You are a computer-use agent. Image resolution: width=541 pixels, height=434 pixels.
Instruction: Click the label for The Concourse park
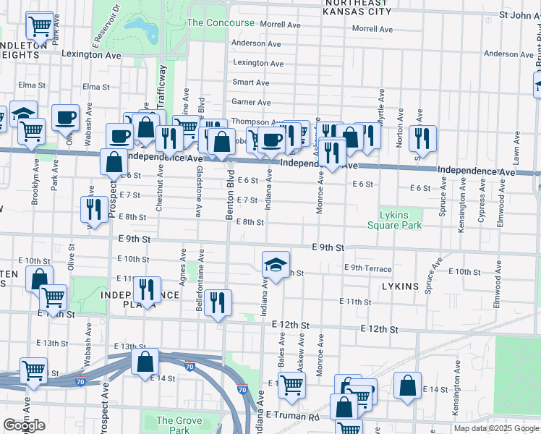[x=221, y=22]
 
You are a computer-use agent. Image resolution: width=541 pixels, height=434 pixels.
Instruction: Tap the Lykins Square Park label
[x=393, y=220]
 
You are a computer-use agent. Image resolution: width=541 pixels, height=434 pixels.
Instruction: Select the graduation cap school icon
[x=276, y=265]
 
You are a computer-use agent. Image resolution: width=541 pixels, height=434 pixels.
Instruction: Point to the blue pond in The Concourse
[x=142, y=29]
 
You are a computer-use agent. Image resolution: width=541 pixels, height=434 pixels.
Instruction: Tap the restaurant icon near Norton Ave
[x=421, y=139]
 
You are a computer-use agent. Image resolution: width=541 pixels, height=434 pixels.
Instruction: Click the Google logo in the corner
[x=24, y=425]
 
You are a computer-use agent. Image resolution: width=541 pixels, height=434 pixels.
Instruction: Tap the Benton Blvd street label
[x=229, y=197]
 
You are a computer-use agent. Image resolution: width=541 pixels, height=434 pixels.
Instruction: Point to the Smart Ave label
[x=250, y=83]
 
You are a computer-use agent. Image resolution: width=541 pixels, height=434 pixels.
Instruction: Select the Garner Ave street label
[x=250, y=103]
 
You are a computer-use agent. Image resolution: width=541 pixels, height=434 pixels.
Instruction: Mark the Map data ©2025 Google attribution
[x=496, y=428]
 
